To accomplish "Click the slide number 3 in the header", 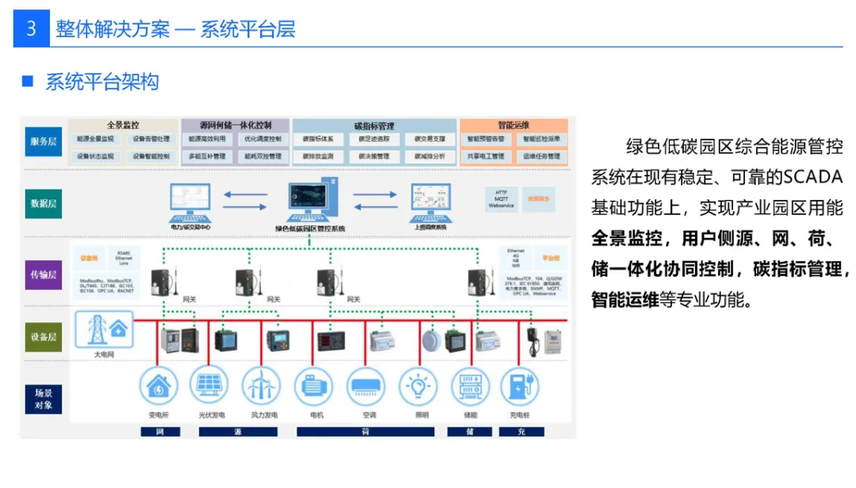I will point(31,29).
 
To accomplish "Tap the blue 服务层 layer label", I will point(44,141).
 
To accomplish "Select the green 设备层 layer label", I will point(44,336).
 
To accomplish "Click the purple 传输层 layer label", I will point(44,275).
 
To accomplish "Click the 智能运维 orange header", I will point(514,125).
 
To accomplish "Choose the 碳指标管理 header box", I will point(374,125).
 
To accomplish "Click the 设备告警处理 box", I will point(151,139).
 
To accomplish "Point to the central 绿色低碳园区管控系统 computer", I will point(310,202).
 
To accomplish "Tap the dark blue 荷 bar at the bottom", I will point(365,432).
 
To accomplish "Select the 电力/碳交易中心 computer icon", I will point(190,202).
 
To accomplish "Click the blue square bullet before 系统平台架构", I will point(28,81).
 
